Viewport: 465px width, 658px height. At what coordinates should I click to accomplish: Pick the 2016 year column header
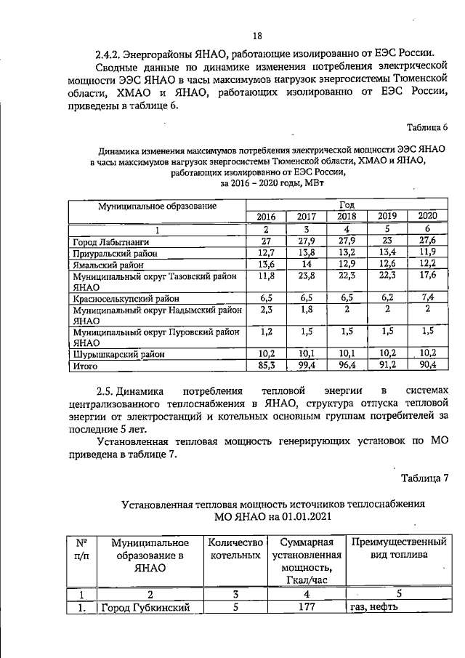(x=266, y=217)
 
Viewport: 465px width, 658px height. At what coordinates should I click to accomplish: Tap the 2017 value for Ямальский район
(x=307, y=265)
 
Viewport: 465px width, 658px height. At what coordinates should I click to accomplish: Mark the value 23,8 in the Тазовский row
(x=307, y=277)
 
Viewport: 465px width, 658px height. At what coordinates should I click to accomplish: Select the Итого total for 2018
(x=347, y=366)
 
